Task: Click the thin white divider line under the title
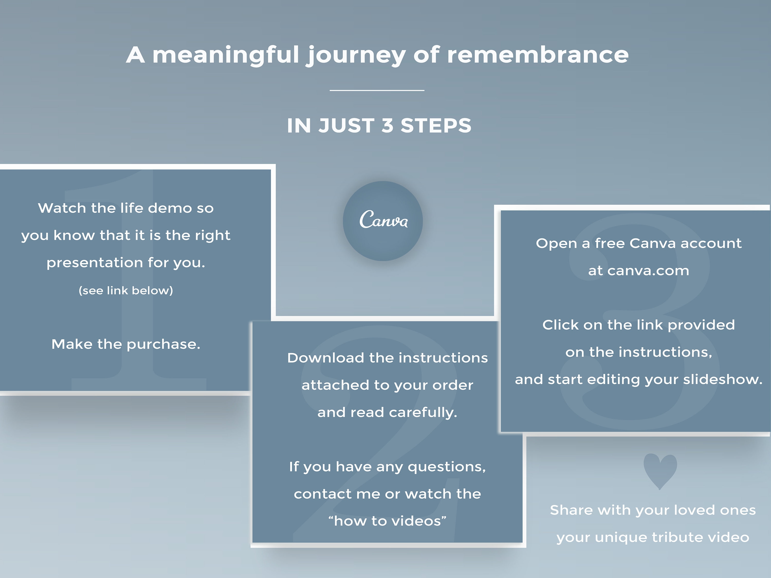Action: click(377, 90)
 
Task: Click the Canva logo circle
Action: click(383, 221)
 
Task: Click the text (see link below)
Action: click(126, 291)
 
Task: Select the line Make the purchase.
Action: click(126, 344)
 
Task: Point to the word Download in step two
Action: click(326, 358)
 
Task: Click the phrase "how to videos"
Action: click(387, 521)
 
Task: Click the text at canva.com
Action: click(639, 271)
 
